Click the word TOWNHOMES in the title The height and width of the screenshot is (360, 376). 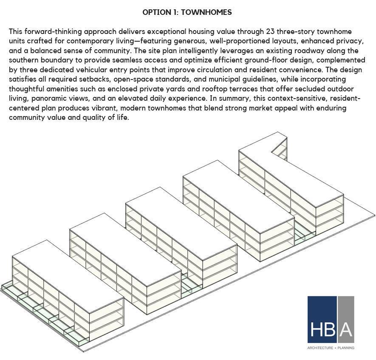click(x=206, y=12)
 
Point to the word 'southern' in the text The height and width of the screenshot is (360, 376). click(x=23, y=60)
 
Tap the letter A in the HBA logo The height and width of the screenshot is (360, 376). click(x=346, y=329)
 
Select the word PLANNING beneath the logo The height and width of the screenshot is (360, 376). click(x=346, y=348)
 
